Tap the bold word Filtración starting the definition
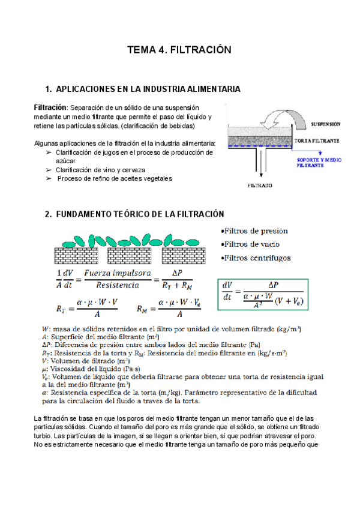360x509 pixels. [x=50, y=106]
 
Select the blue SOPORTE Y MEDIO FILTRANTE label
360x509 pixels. [x=319, y=162]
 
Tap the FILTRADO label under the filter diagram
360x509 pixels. [x=260, y=185]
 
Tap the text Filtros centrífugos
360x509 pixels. [x=256, y=258]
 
